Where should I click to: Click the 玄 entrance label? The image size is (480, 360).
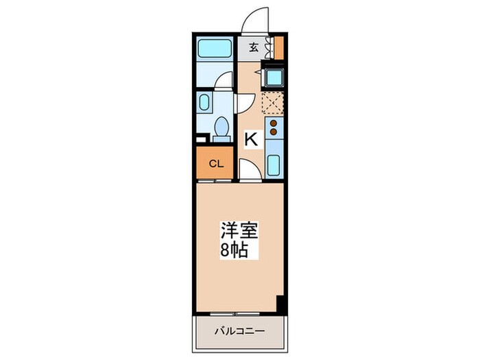254,47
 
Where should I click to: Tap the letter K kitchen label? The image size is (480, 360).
251,139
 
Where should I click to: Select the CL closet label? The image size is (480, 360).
215,164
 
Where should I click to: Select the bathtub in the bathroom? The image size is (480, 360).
215,49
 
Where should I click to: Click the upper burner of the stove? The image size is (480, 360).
274,124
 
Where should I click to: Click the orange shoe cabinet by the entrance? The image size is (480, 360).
279,47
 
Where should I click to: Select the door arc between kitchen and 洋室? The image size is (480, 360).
250,171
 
